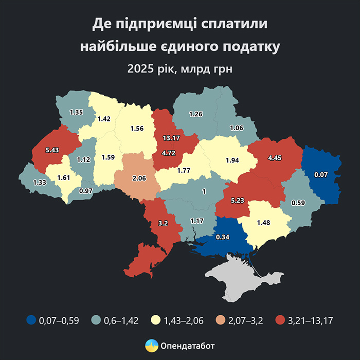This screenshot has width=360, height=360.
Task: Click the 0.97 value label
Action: (85, 191)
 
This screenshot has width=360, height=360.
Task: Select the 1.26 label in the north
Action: (196, 114)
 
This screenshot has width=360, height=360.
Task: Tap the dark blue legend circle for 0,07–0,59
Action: (32, 320)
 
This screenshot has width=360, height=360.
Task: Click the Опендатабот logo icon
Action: (151, 345)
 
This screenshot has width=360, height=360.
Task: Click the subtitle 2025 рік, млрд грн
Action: (180, 69)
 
